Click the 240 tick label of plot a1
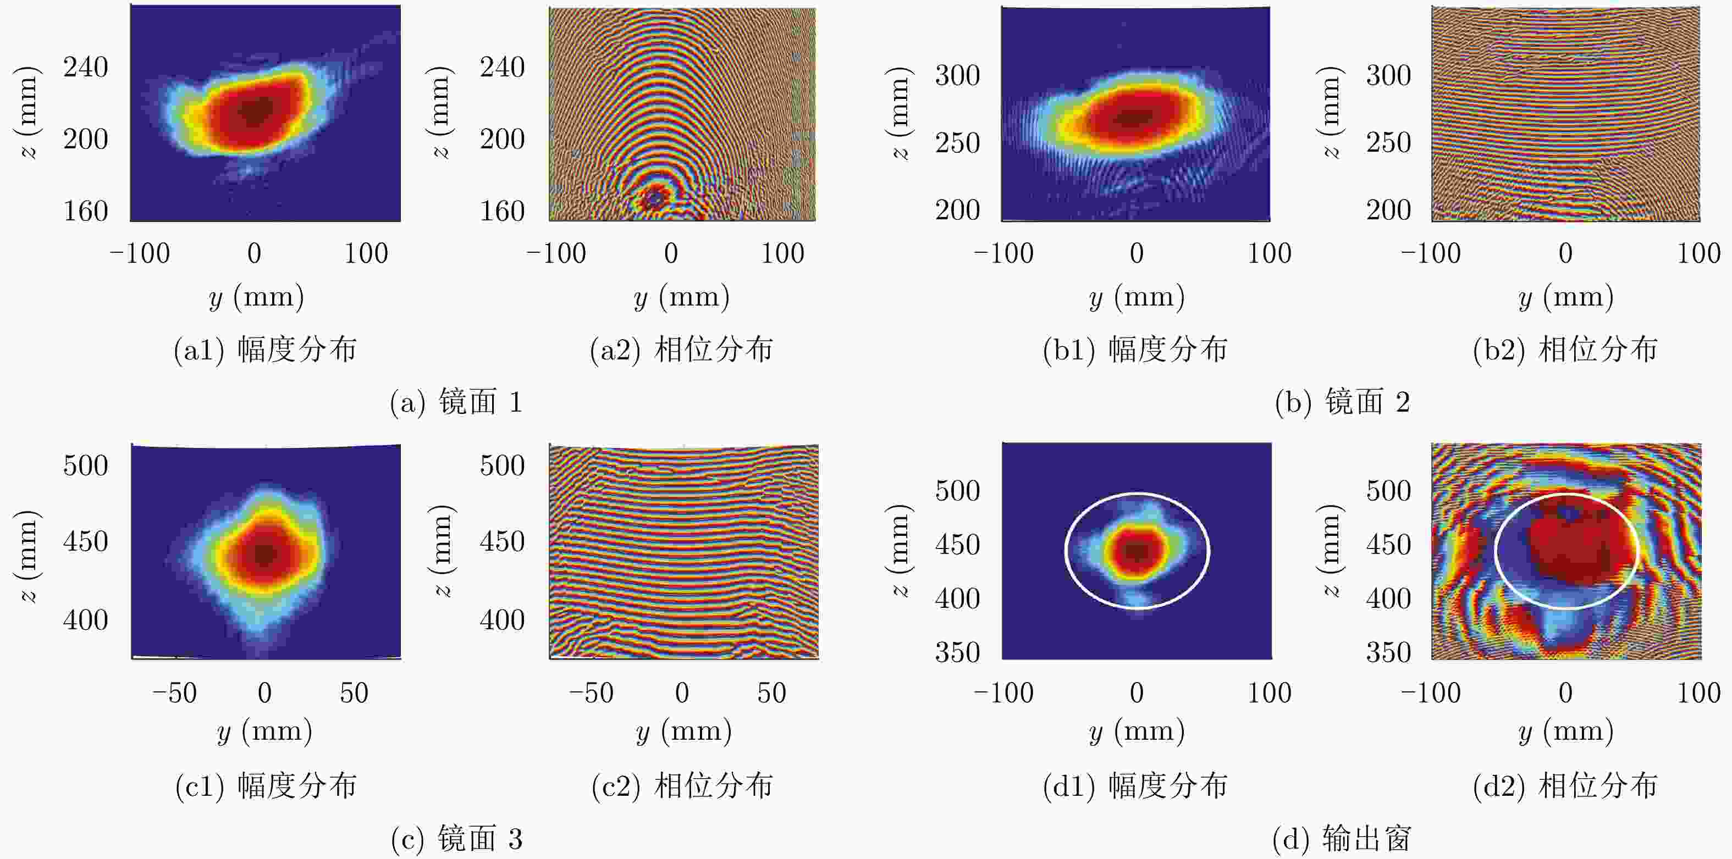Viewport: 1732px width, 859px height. coord(85,67)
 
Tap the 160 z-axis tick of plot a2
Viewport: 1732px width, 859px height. coord(501,211)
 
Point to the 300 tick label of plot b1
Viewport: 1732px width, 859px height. coord(957,75)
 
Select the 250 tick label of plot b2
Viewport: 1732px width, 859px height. coord(1388,142)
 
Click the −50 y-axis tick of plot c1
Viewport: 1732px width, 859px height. coord(174,692)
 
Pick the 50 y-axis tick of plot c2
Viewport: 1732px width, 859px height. coord(771,692)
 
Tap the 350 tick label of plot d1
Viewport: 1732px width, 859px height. coord(957,652)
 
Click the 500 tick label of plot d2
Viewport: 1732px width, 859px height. coord(1388,491)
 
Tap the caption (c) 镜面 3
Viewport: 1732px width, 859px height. coord(456,839)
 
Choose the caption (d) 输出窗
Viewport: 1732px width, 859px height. coord(1342,839)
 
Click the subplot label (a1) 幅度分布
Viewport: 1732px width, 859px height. coord(265,350)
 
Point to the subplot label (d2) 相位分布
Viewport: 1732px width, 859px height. coord(1565,785)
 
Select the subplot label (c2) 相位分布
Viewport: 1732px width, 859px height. coord(682,785)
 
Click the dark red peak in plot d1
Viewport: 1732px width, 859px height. coord(1137,551)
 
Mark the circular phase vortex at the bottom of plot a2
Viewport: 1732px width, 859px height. coord(654,198)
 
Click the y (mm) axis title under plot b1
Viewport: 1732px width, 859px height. coord(1137,297)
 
